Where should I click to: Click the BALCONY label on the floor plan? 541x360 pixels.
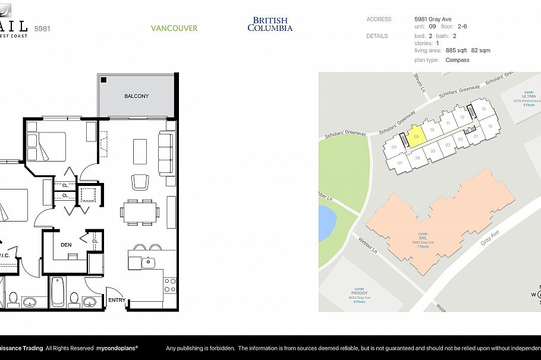click(x=136, y=96)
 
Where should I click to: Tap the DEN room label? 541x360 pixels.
click(x=66, y=244)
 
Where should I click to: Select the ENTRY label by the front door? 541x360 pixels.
click(x=117, y=300)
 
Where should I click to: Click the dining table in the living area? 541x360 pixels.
click(x=140, y=211)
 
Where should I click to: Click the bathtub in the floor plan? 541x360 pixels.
click(x=58, y=292)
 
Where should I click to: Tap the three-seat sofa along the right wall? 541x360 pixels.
click(x=166, y=154)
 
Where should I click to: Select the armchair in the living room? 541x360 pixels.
click(x=140, y=181)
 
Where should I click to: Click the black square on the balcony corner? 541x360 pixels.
click(x=103, y=80)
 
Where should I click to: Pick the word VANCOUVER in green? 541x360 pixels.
click(x=174, y=28)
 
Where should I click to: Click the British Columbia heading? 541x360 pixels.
click(x=270, y=24)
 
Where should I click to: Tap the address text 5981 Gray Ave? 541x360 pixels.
click(x=433, y=19)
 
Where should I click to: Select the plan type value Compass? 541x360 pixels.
click(x=457, y=60)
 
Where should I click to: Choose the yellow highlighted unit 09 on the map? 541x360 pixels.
click(x=416, y=137)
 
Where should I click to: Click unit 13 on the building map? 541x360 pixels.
click(x=484, y=109)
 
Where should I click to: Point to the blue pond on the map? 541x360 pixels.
click(x=326, y=223)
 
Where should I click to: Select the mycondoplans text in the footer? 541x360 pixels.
click(x=117, y=348)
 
